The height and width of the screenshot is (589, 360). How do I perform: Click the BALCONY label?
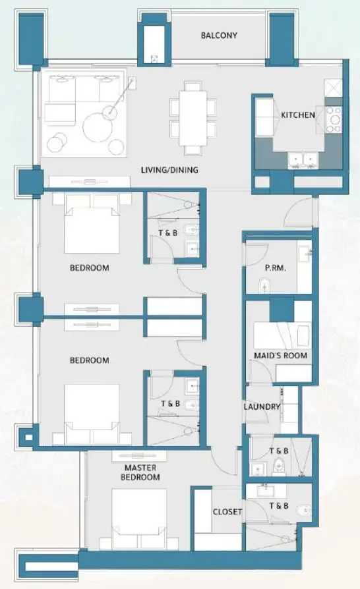(219, 36)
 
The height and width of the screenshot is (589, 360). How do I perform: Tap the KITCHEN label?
(298, 115)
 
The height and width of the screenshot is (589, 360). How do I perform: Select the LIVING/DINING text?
(169, 170)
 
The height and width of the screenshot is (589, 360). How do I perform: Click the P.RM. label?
(256, 268)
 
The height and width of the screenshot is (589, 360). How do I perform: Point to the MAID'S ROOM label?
(281, 356)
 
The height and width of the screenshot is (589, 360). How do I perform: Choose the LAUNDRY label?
(262, 407)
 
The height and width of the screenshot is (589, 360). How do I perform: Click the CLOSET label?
(227, 511)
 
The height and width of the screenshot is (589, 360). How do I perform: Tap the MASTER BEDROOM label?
(142, 472)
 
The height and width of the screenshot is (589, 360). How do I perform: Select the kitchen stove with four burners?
(334, 116)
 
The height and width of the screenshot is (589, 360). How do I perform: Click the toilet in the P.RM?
(264, 285)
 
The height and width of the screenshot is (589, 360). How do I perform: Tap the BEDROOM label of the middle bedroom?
(90, 360)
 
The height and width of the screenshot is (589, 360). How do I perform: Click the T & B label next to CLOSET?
(279, 506)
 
